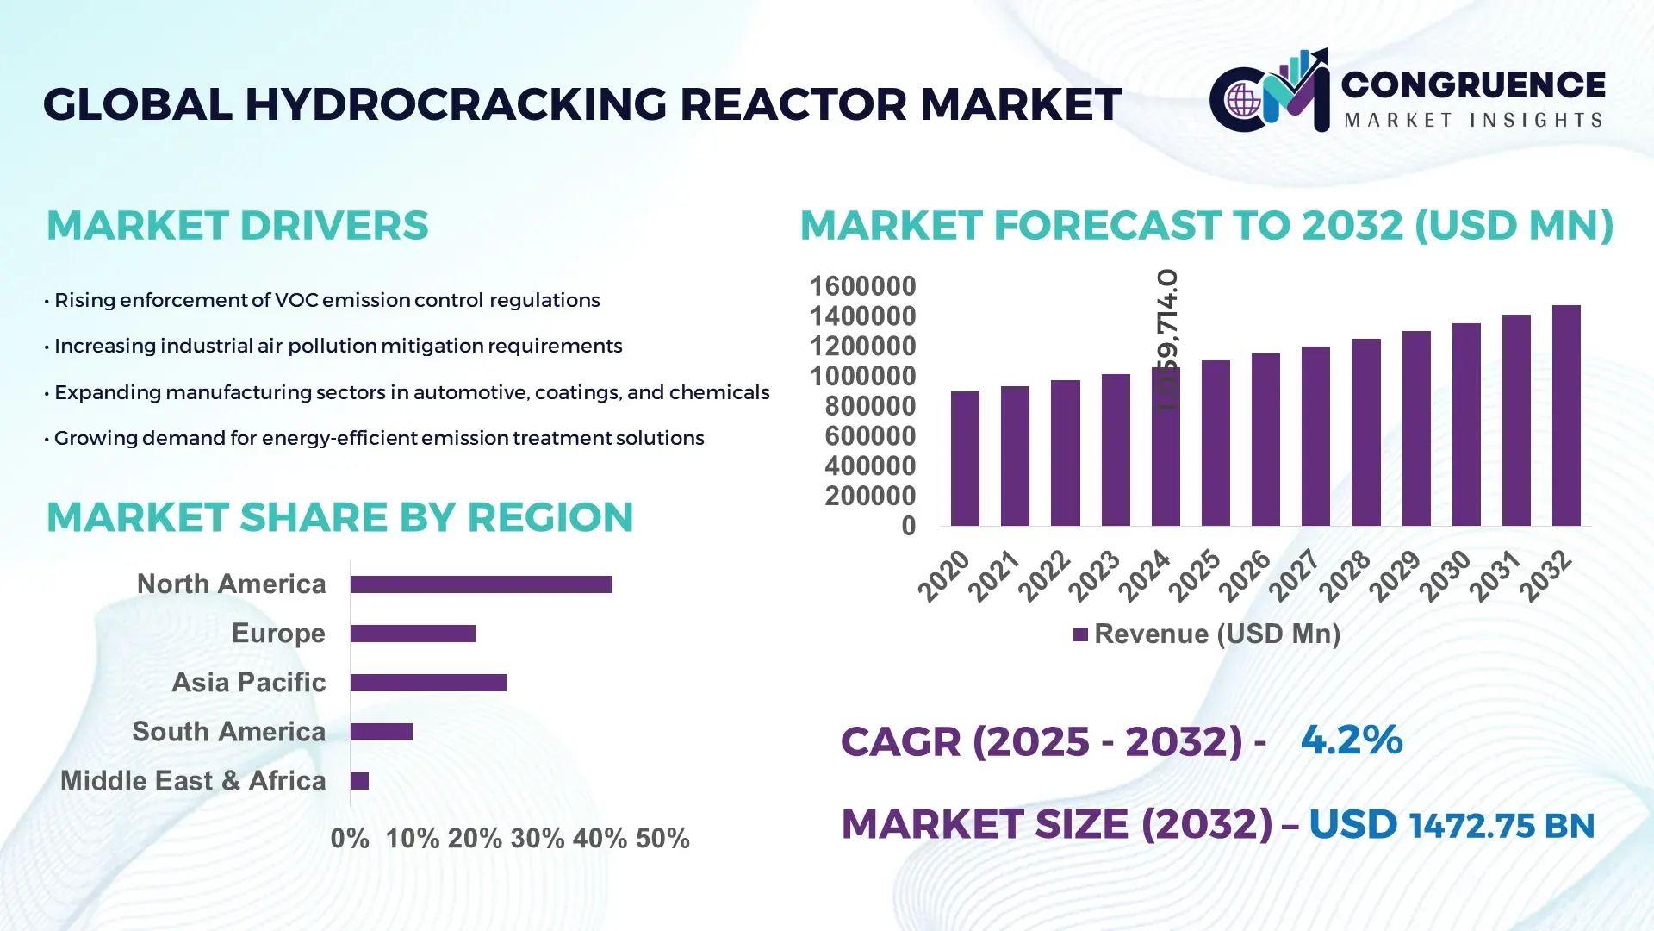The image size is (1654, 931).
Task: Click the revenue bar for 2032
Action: pos(1566,416)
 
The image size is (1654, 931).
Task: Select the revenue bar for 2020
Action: pos(965,459)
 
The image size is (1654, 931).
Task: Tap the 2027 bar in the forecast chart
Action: pos(1315,436)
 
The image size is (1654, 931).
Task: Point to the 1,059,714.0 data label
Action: pos(1167,340)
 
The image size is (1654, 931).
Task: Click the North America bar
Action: pos(481,584)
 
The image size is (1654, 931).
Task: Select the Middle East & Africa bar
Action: pos(359,781)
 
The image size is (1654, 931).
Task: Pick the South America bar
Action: pos(382,732)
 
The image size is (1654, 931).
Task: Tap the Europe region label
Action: pos(278,634)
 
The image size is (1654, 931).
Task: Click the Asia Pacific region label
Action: pos(248,683)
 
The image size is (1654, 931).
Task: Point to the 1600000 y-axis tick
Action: pos(862,286)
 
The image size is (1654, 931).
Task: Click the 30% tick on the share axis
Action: pos(538,839)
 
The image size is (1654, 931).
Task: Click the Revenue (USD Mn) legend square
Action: pos(1080,635)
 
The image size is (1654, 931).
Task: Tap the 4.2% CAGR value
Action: pos(1351,740)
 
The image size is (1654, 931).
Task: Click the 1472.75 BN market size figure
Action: pos(1501,826)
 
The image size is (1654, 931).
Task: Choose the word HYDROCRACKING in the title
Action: pos(457,104)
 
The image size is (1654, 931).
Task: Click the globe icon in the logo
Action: pos(1243,100)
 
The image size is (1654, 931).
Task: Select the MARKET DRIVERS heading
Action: pos(237,226)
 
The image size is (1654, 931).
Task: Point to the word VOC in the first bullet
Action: pos(291,301)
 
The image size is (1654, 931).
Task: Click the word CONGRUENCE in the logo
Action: pos(1473,84)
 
